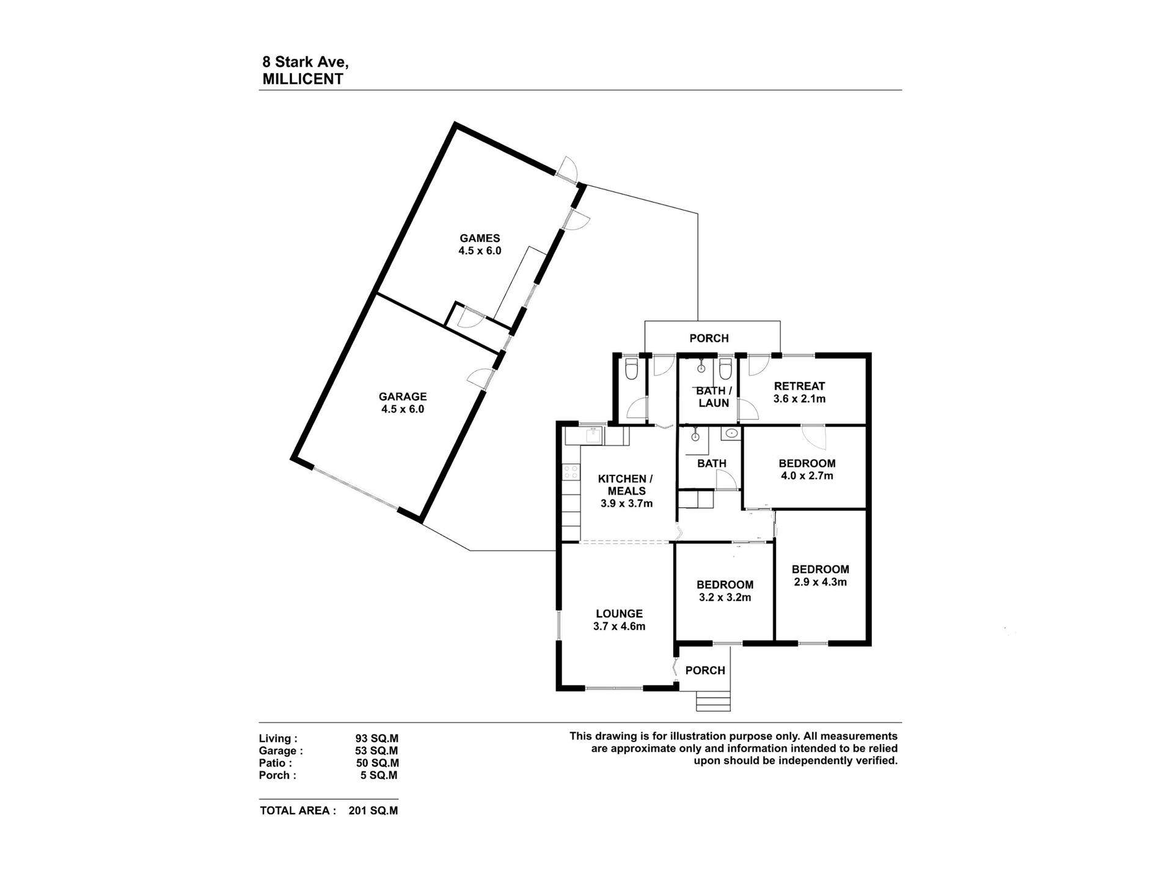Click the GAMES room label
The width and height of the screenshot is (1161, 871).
coord(480,238)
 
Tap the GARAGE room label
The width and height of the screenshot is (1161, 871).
coord(402,397)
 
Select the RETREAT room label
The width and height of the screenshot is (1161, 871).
coord(799,386)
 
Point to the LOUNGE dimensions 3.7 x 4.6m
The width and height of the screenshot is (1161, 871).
coord(619,626)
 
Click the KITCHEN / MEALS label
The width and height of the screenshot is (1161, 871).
coord(622,485)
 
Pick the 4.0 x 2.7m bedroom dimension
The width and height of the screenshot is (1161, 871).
coord(807,476)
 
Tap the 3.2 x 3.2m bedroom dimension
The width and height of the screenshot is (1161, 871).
coord(725,597)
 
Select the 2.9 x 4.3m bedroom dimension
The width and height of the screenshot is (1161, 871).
coord(820,582)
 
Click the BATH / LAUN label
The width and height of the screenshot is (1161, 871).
coord(714,397)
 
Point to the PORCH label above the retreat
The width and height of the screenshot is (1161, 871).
coord(709,338)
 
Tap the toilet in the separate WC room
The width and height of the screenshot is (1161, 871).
coord(631,369)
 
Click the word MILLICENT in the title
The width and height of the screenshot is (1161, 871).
coord(302,79)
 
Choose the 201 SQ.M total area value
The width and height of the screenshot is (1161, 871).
coord(373,811)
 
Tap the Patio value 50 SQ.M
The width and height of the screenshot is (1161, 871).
coord(377,763)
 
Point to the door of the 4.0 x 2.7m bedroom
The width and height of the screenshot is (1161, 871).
coord(816,436)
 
